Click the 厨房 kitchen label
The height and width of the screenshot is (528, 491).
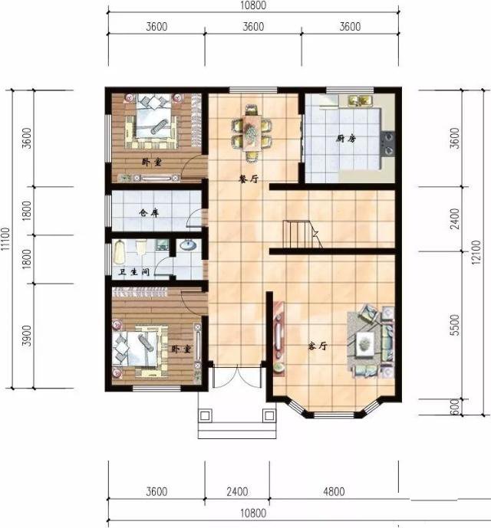pos(345,139)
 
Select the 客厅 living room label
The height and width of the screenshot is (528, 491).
pos(318,346)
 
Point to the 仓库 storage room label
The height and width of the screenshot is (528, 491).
pos(149,214)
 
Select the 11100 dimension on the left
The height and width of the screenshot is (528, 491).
pos(7,238)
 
